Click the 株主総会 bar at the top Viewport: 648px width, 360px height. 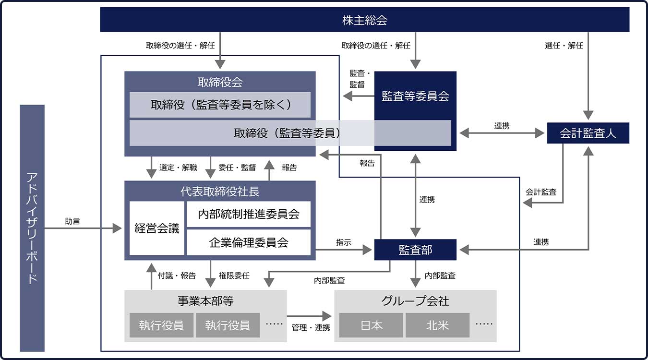(365, 20)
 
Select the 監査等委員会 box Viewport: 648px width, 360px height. (415, 96)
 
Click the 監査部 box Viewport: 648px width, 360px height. (415, 250)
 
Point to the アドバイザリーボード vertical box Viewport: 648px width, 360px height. (32, 228)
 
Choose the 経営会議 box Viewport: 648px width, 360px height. (157, 228)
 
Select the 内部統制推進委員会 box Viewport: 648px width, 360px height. (249, 214)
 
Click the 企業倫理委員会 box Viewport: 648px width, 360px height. (249, 242)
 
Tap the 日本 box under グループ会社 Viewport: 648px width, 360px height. (372, 325)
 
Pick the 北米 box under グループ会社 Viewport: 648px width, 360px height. (437, 325)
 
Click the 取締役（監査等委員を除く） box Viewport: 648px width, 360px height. (220, 105)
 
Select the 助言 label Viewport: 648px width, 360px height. (72, 221)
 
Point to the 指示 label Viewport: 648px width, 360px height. (344, 243)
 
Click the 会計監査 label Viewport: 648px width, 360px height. (541, 192)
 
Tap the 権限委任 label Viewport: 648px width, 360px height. (234, 276)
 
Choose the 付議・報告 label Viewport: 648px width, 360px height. (177, 276)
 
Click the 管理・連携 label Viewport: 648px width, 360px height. (311, 328)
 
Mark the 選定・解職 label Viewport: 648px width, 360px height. (178, 168)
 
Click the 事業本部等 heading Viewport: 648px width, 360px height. (205, 301)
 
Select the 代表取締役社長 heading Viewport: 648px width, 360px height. (220, 192)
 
